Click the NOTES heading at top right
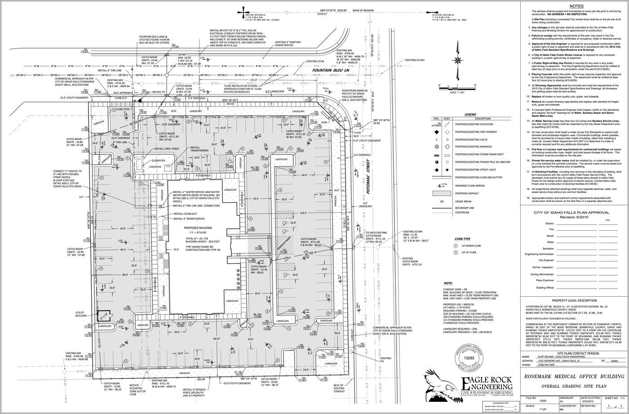pyautogui.click(x=576, y=6)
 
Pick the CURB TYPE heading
pyautogui.click(x=463, y=239)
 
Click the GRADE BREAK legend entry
pyautogui.click(x=463, y=201)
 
